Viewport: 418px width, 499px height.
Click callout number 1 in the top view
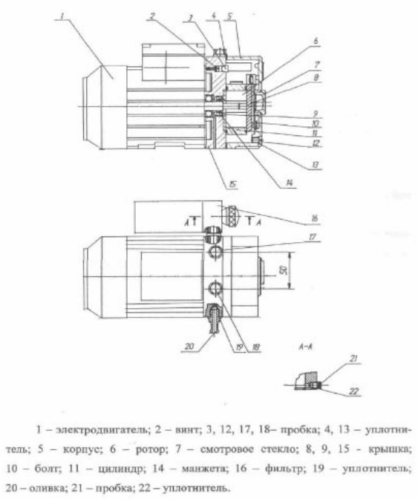click(62, 15)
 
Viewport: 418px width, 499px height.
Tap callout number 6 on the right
click(316, 42)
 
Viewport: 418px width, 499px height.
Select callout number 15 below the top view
click(232, 184)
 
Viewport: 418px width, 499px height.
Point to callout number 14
click(289, 183)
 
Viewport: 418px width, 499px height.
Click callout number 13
click(315, 165)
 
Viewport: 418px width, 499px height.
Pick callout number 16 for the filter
click(314, 218)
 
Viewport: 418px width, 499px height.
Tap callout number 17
click(313, 237)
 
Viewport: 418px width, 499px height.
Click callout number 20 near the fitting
click(189, 346)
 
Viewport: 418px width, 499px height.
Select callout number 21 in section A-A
click(353, 359)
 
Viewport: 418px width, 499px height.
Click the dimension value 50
click(284, 270)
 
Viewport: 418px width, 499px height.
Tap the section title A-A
click(305, 347)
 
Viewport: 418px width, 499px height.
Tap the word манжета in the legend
click(205, 469)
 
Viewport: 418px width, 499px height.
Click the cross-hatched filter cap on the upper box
click(231, 216)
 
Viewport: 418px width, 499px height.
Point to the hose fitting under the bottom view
click(213, 319)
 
